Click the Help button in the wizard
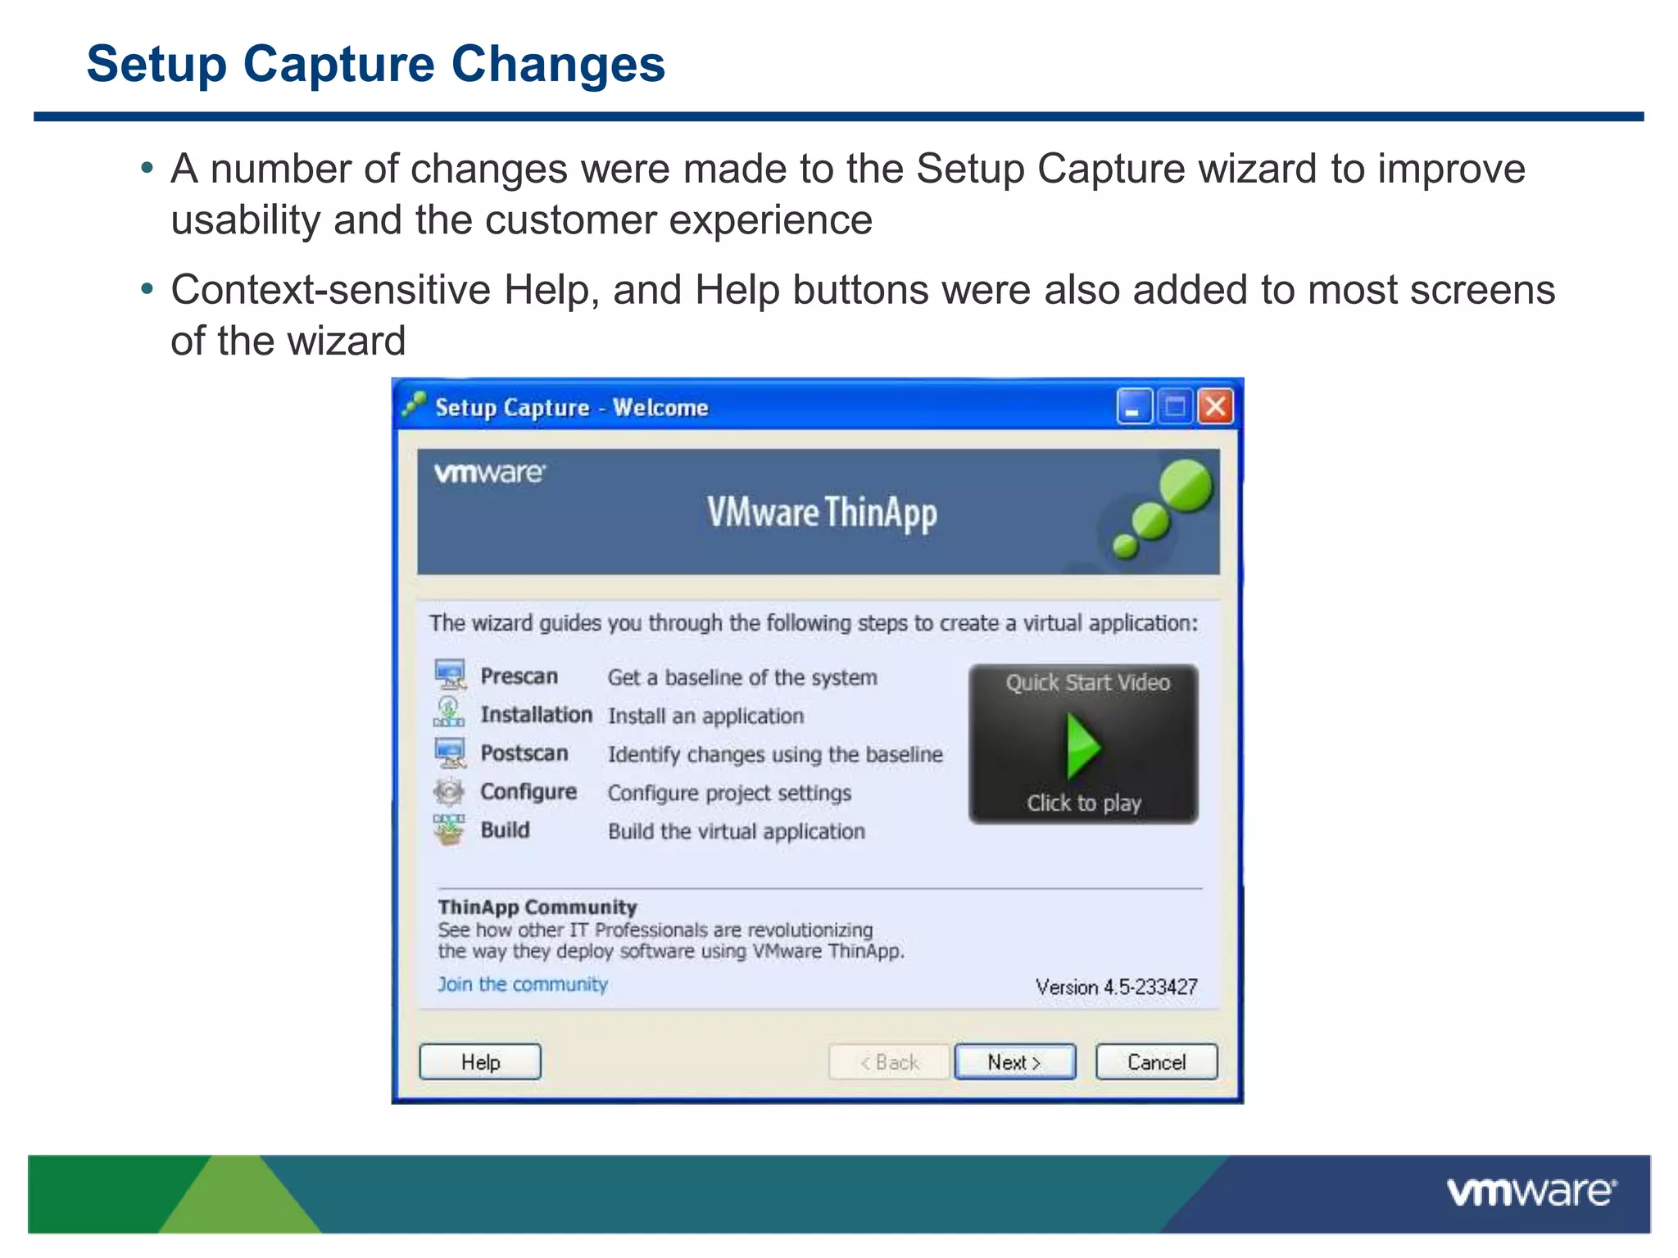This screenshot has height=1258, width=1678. coord(480,1062)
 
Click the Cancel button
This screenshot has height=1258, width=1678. coord(1156,1062)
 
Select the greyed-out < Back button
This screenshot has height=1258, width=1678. coord(889,1062)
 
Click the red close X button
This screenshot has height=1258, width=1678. coord(1215,406)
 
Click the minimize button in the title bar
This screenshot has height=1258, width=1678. coord(1134,406)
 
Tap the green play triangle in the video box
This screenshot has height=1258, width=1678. coord(1083,745)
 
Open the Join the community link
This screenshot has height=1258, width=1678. coord(522,984)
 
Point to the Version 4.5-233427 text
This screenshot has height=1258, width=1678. coord(1116,987)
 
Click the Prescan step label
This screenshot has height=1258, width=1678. coord(519,677)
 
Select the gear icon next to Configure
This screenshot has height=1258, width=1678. coord(449,792)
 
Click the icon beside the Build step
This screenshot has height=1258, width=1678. coord(449,830)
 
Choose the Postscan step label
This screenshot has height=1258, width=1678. coord(524,753)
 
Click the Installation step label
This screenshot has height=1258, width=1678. coord(536,715)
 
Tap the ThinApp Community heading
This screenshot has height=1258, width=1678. coord(537,907)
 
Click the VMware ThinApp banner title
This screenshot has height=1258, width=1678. coord(821,513)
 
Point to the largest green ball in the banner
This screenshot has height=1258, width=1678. coord(1185,486)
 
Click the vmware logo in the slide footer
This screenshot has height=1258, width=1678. coord(1531,1192)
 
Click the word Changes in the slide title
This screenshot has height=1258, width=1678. coord(558,65)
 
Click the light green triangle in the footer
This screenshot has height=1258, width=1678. coord(240,1200)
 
